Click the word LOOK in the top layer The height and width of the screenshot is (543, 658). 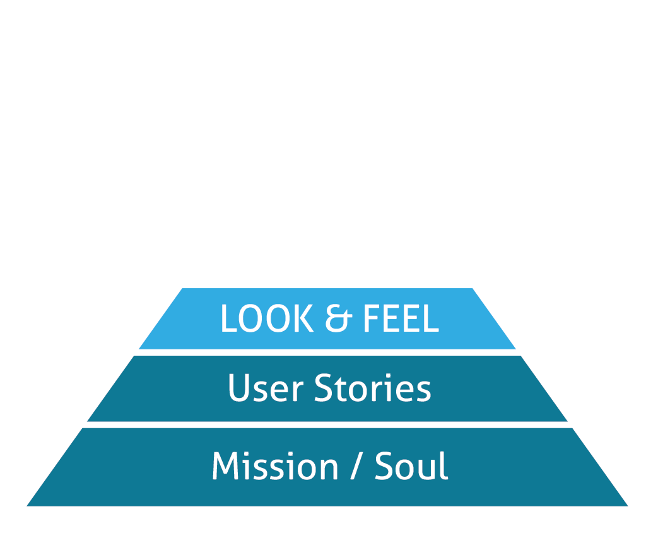point(266,319)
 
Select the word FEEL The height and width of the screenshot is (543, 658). point(400,319)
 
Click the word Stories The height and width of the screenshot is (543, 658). point(372,388)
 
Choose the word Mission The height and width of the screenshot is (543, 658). point(274,467)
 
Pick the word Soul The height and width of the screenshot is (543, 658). point(411,467)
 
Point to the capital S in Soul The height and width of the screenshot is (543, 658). point(385,467)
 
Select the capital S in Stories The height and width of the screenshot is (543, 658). point(323,388)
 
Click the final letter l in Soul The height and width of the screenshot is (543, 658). point(444,465)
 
